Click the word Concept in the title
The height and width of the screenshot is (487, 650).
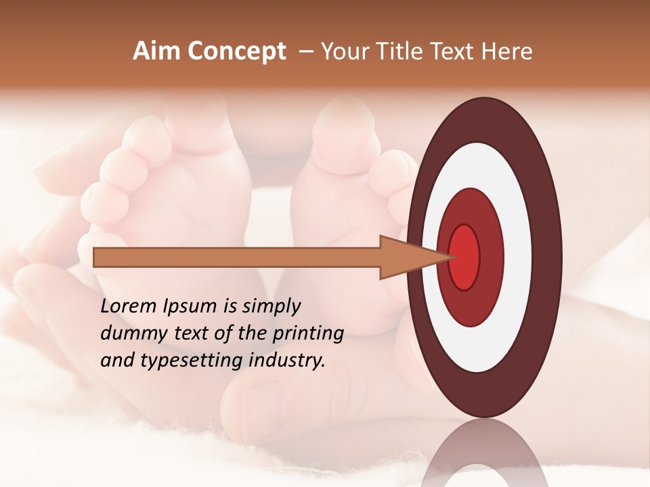click(x=236, y=52)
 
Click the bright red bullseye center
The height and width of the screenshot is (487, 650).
click(x=464, y=256)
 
